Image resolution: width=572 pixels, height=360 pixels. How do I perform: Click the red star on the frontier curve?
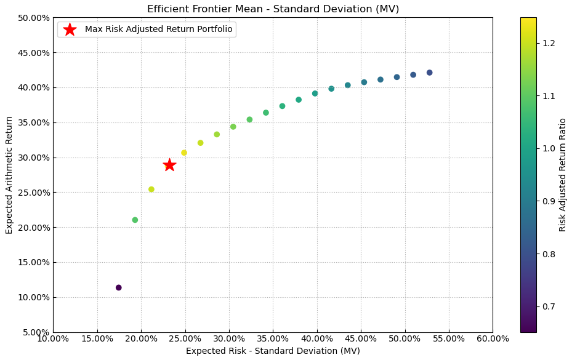tap(169, 165)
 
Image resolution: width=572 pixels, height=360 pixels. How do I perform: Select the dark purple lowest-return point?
tap(119, 287)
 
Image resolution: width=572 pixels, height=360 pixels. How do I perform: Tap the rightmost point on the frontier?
tap(430, 73)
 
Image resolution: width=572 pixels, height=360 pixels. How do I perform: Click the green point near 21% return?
tap(135, 220)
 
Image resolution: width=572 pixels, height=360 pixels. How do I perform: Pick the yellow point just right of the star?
tap(184, 153)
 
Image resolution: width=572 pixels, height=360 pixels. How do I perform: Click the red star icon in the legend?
tap(70, 30)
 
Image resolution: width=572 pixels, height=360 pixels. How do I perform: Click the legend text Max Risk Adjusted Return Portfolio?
tap(159, 30)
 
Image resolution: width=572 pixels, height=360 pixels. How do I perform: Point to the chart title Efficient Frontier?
tap(273, 9)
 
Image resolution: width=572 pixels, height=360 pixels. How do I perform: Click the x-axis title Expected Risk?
tap(273, 351)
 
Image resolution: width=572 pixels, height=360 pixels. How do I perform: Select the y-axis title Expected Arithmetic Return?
tap(9, 175)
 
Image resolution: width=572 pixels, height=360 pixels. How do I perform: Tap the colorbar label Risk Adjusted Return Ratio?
tap(562, 175)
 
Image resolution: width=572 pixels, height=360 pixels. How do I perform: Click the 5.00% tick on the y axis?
tap(34, 332)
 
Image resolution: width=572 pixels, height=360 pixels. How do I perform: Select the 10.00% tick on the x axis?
tap(53, 339)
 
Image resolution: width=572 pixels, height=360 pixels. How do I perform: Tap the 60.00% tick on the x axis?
tap(493, 339)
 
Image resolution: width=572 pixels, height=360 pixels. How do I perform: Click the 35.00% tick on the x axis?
tap(273, 339)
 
